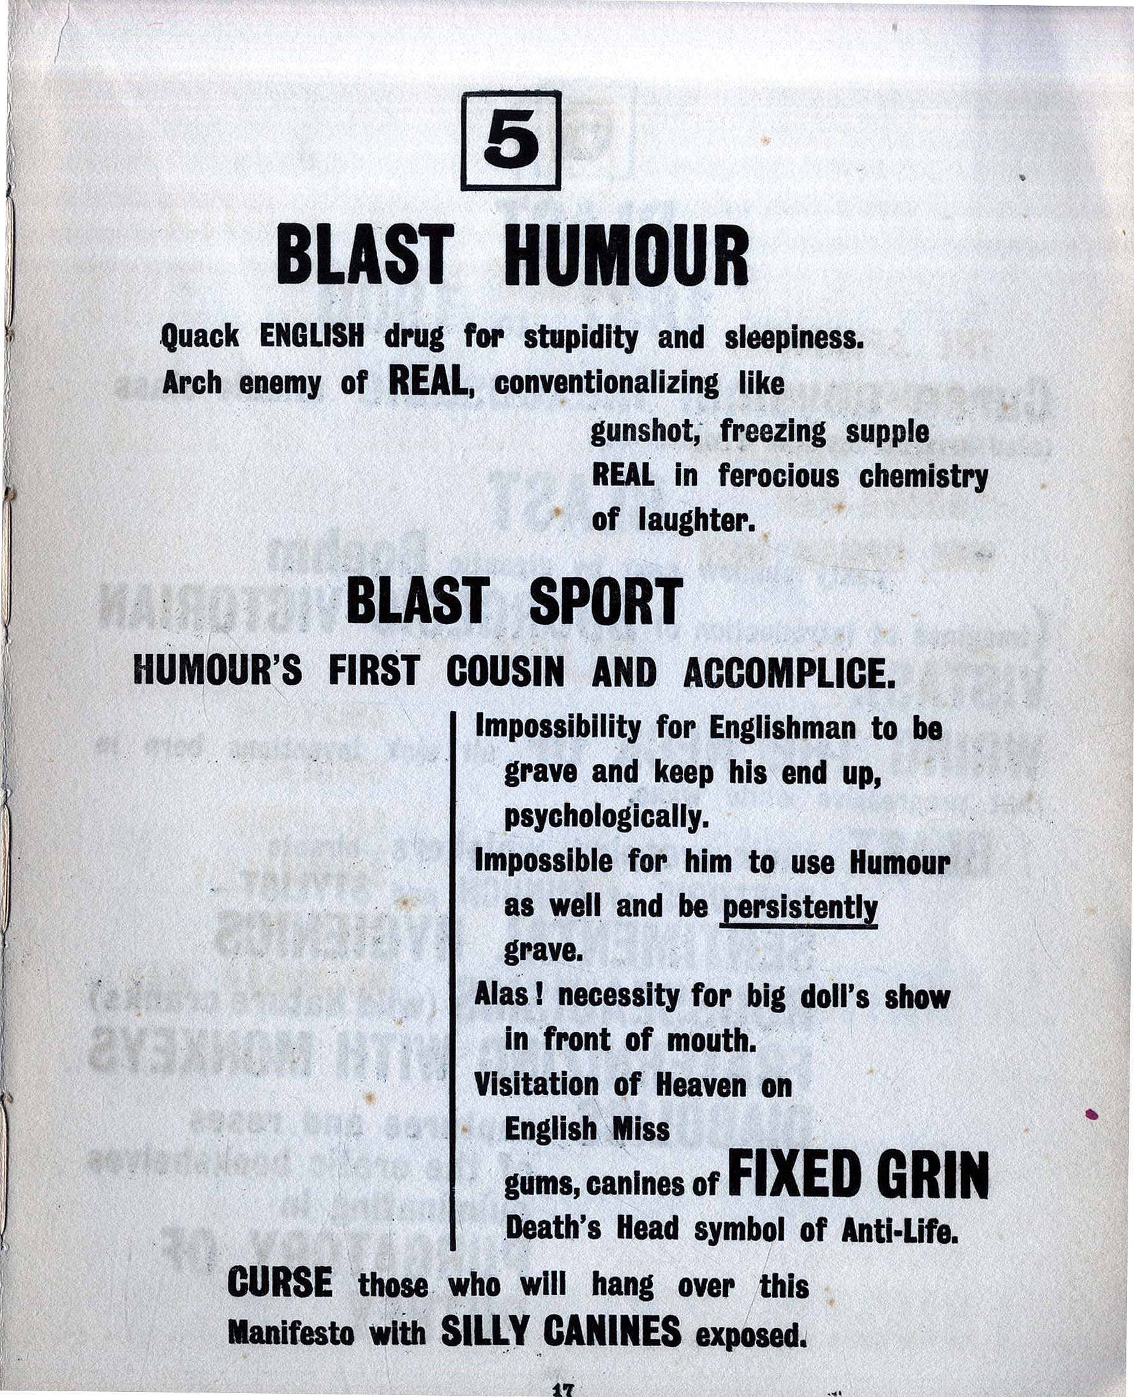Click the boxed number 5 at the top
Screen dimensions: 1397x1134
pyautogui.click(x=511, y=141)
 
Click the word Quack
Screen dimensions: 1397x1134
pyautogui.click(x=200, y=337)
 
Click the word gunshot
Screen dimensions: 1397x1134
pyautogui.click(x=645, y=432)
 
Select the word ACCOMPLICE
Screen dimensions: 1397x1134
pyautogui.click(x=789, y=672)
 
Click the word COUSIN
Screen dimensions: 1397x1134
pyautogui.click(x=505, y=672)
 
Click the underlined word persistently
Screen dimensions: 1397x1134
pyautogui.click(x=798, y=907)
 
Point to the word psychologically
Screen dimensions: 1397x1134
pyautogui.click(x=606, y=818)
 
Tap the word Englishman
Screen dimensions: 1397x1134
pyautogui.click(x=782, y=728)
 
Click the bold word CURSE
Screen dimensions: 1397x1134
pyautogui.click(x=280, y=1283)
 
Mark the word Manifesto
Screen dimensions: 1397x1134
pyautogui.click(x=291, y=1334)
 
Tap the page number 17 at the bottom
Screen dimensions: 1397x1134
pyautogui.click(x=562, y=1391)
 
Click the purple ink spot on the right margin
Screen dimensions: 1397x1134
pyautogui.click(x=1090, y=1114)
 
